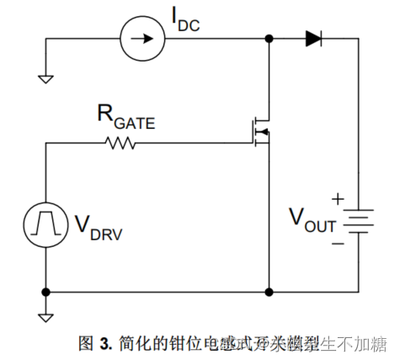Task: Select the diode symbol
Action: pyautogui.click(x=313, y=38)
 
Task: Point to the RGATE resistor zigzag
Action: pyautogui.click(x=121, y=143)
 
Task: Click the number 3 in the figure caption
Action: pyautogui.click(x=106, y=343)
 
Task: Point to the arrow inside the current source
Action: pyautogui.click(x=140, y=38)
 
